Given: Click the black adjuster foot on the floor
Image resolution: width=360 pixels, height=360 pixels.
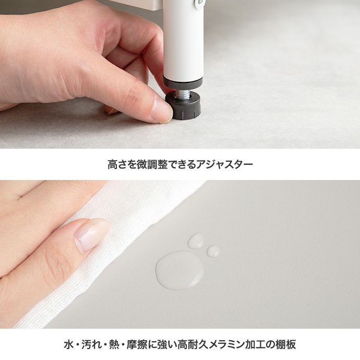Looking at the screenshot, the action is click(x=183, y=105).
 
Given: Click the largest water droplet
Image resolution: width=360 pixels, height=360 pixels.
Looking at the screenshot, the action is click(x=179, y=270).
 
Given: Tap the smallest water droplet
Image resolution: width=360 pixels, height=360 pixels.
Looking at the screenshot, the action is click(x=213, y=251).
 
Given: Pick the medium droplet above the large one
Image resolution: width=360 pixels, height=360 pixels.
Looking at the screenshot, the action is click(x=196, y=241).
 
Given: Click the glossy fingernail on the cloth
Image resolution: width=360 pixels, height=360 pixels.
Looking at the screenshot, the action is click(x=91, y=235).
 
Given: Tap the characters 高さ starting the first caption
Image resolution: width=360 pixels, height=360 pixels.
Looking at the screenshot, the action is click(x=117, y=164).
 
